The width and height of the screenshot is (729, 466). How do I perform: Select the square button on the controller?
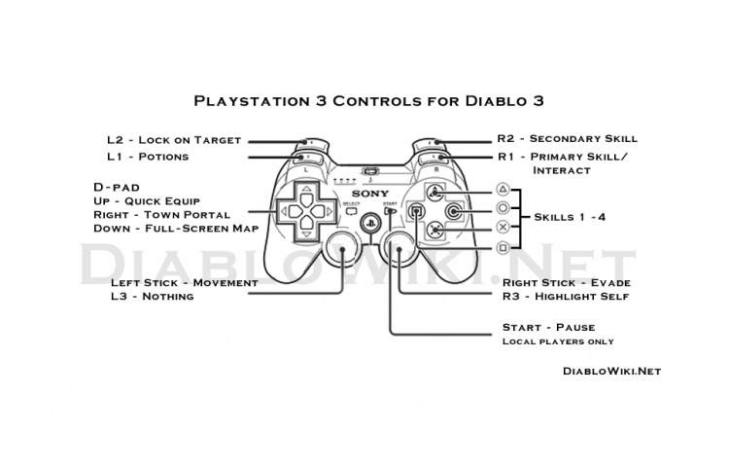click(416, 210)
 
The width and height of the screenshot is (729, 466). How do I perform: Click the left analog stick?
click(341, 250)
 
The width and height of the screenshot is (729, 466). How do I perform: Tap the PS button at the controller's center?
click(368, 221)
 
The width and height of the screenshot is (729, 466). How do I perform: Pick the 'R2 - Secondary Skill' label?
click(570, 140)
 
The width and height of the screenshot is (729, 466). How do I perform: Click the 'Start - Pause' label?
click(548, 327)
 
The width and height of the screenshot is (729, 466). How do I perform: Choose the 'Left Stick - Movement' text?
click(184, 282)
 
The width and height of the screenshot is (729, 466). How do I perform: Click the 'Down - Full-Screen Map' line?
click(175, 228)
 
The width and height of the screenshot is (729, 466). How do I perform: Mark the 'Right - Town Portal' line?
click(161, 213)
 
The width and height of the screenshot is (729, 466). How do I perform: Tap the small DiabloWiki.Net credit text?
click(611, 370)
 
